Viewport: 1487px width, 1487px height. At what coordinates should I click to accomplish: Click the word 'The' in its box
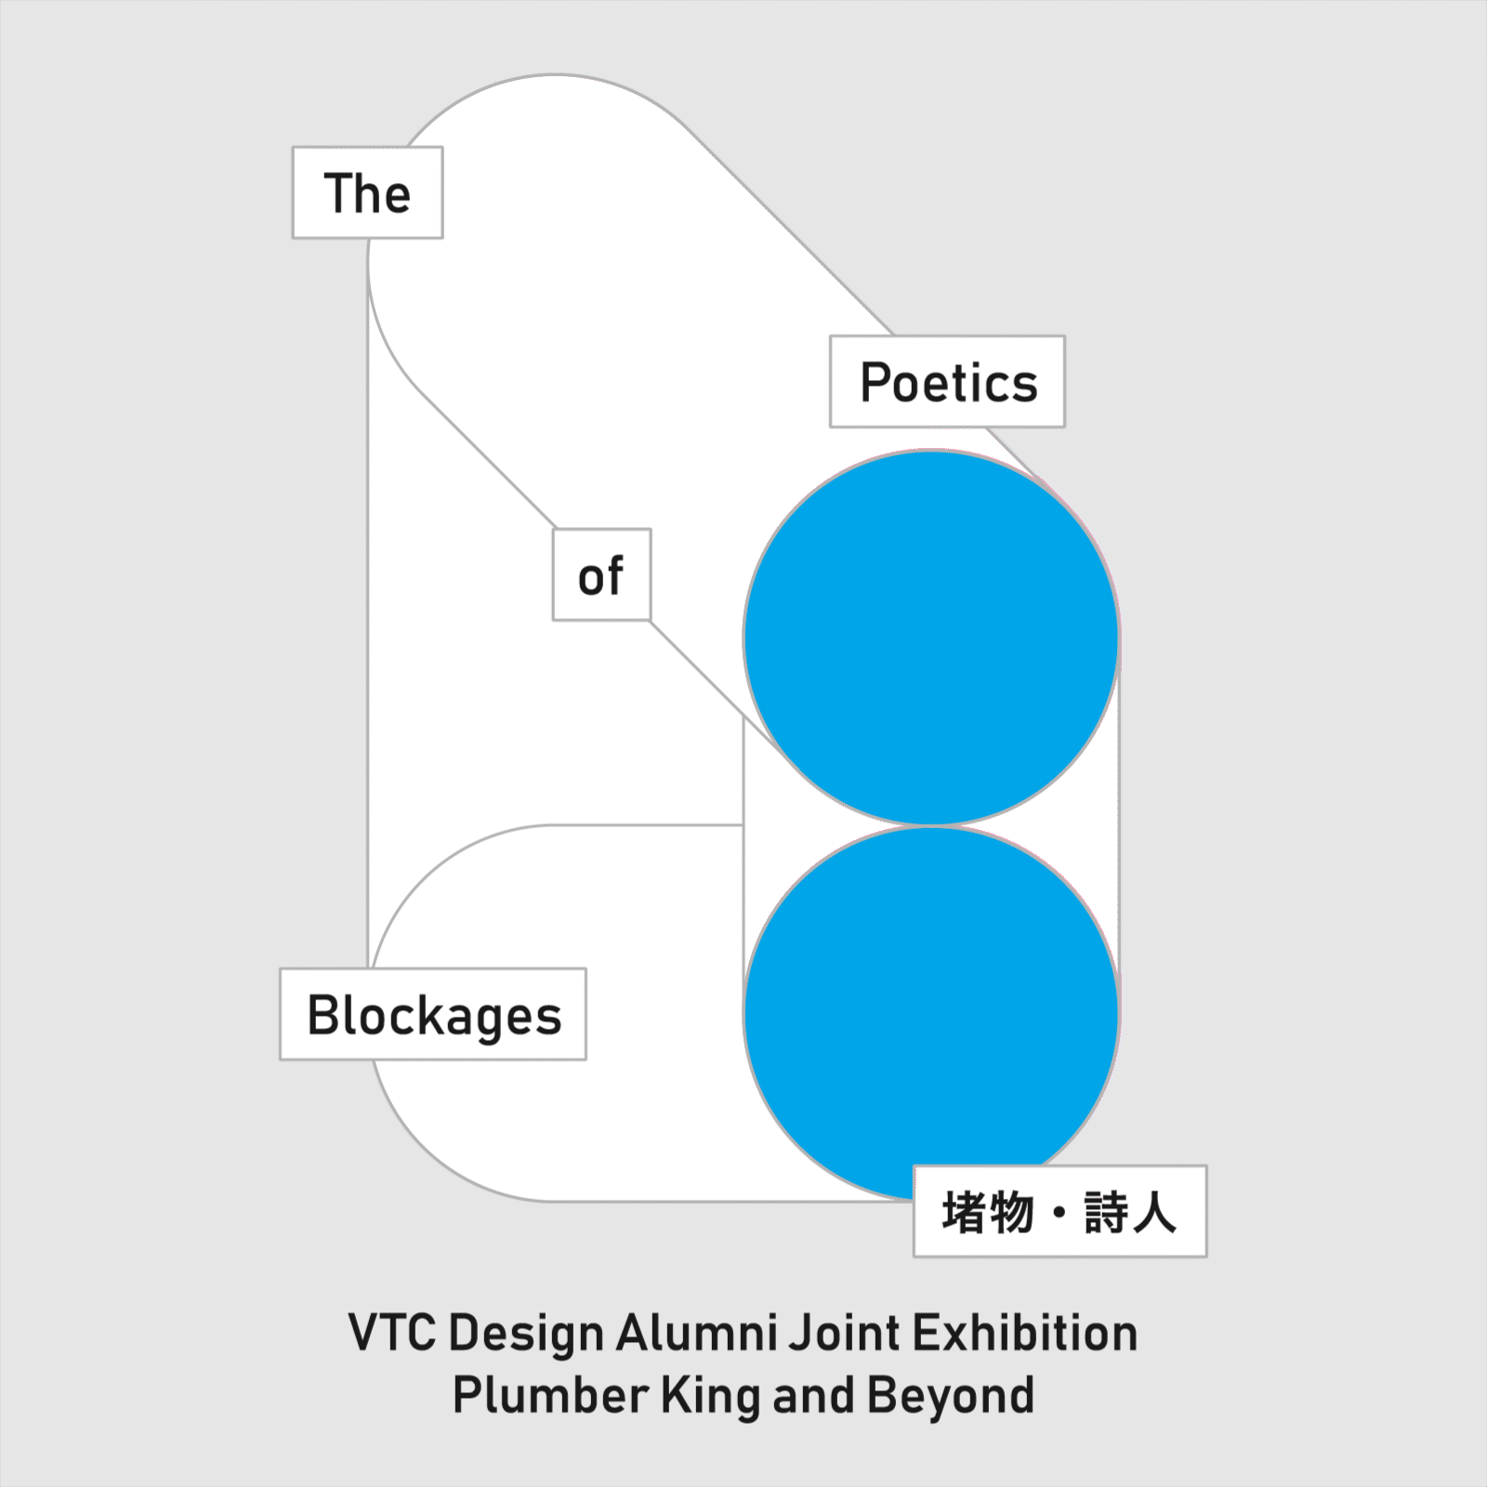click(367, 193)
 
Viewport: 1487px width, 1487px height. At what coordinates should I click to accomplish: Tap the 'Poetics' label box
click(947, 382)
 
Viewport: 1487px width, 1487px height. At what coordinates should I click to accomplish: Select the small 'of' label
click(601, 576)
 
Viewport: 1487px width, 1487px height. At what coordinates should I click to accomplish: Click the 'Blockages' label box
click(433, 1015)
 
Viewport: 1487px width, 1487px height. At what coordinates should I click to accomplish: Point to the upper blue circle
click(930, 638)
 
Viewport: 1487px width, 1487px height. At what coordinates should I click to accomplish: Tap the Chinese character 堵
click(963, 1212)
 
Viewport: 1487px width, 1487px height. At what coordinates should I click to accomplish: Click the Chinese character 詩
click(1106, 1212)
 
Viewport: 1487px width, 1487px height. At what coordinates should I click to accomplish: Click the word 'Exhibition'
click(1026, 1334)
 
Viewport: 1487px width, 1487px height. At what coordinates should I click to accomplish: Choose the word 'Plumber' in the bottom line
click(550, 1396)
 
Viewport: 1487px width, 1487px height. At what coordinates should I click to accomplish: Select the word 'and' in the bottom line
click(813, 1396)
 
